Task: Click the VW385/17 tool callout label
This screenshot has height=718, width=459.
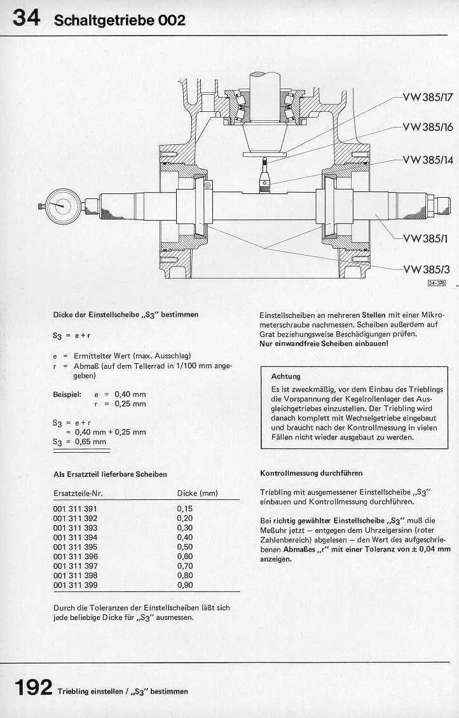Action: (427, 98)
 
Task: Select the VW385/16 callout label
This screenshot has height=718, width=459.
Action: (427, 127)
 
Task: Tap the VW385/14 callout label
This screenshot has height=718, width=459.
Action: (427, 159)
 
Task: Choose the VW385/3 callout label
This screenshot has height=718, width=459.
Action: (426, 269)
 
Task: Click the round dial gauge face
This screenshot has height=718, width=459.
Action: (63, 205)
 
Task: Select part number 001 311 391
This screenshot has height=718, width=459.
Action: (75, 509)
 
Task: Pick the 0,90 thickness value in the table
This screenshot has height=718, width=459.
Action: (184, 585)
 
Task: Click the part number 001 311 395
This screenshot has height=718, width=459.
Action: (75, 547)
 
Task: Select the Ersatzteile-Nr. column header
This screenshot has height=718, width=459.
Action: (78, 493)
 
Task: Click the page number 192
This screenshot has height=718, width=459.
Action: (30, 687)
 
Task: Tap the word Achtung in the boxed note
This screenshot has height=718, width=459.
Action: (285, 376)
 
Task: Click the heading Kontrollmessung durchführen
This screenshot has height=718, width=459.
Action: (312, 473)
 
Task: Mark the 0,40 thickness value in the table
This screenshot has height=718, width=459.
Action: (184, 537)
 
